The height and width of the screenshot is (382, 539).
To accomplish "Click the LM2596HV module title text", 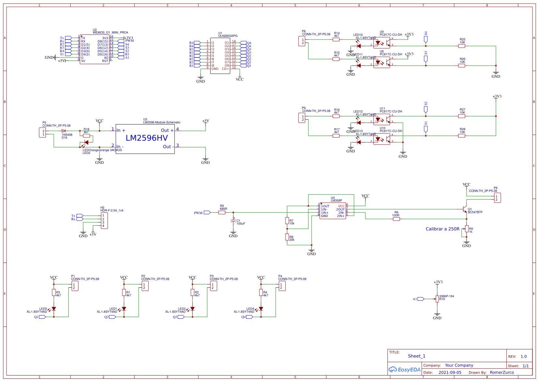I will coord(146,138).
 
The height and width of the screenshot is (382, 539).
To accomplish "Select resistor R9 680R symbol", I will coord(222,212).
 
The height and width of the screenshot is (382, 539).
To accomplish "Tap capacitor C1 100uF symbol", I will coord(233,221).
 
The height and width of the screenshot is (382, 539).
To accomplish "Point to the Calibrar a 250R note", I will coord(442,229).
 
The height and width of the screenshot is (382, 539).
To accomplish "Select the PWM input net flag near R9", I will coord(207,213).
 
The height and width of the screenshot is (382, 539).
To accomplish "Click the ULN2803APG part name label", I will coord(228,36).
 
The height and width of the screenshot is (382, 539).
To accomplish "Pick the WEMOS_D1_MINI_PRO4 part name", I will coord(110,33).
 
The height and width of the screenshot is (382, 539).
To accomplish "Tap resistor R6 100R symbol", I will coord(396,219).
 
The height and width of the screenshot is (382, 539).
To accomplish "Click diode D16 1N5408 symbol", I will coord(64,131).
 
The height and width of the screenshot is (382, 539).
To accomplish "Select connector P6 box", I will coord(497,198).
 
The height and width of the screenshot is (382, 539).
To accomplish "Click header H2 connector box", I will coord(104,221).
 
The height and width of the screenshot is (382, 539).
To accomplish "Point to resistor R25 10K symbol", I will coord(461,46).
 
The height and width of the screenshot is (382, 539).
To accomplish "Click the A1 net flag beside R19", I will coord(421,299).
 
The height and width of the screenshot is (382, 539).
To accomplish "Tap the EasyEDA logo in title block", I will coord(404,370).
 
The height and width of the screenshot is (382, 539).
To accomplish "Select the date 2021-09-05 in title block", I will coord(450,373).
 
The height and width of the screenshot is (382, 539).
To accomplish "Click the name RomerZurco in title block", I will coord(501,373).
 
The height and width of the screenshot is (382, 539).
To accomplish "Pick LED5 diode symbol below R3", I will coord(54,309).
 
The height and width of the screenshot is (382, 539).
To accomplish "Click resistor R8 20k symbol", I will coord(287,237).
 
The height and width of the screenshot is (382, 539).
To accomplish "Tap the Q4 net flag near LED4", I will coord(249,317).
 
